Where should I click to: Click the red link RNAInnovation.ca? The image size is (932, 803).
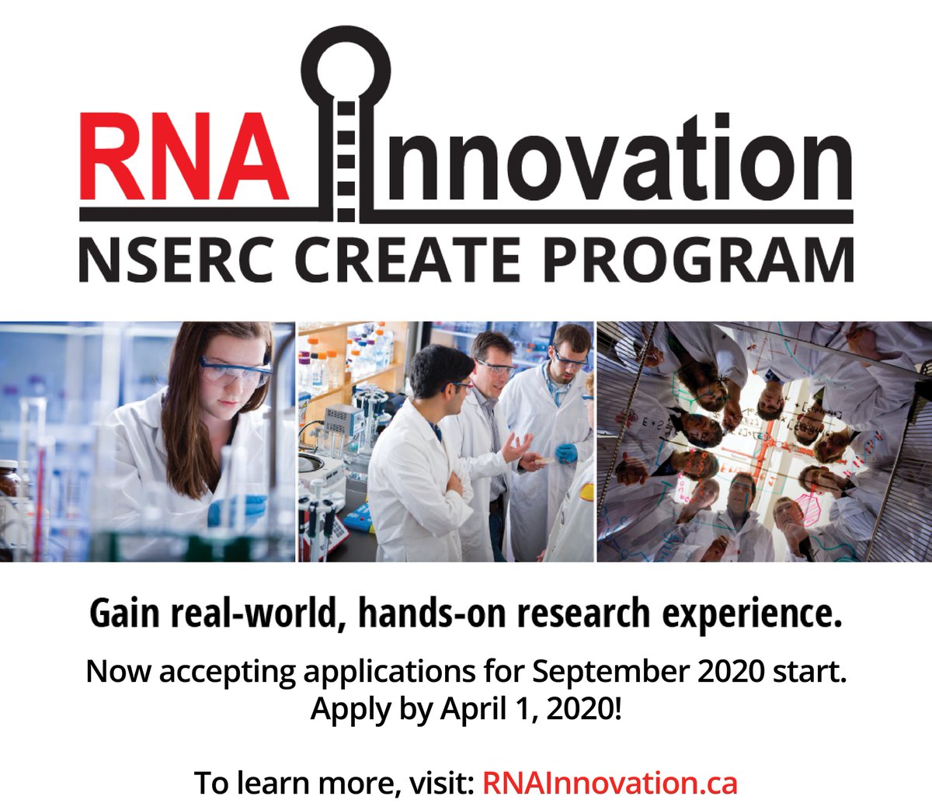[610, 782]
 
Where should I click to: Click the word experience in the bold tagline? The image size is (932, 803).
[753, 614]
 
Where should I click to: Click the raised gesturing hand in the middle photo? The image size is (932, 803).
[516, 447]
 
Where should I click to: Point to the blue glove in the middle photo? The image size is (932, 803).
[565, 453]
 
